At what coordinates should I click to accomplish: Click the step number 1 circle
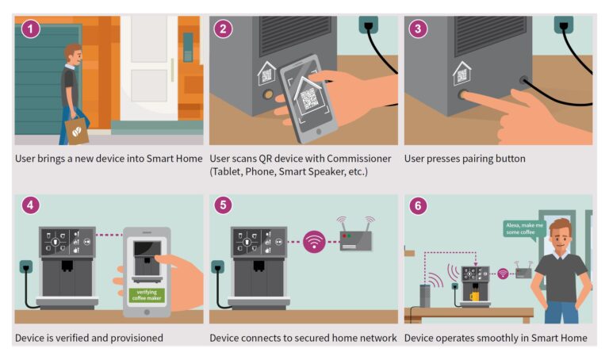(x=29, y=30)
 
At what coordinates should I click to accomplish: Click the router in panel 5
(x=355, y=238)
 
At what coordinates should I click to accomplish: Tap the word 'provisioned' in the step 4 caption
(x=136, y=338)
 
